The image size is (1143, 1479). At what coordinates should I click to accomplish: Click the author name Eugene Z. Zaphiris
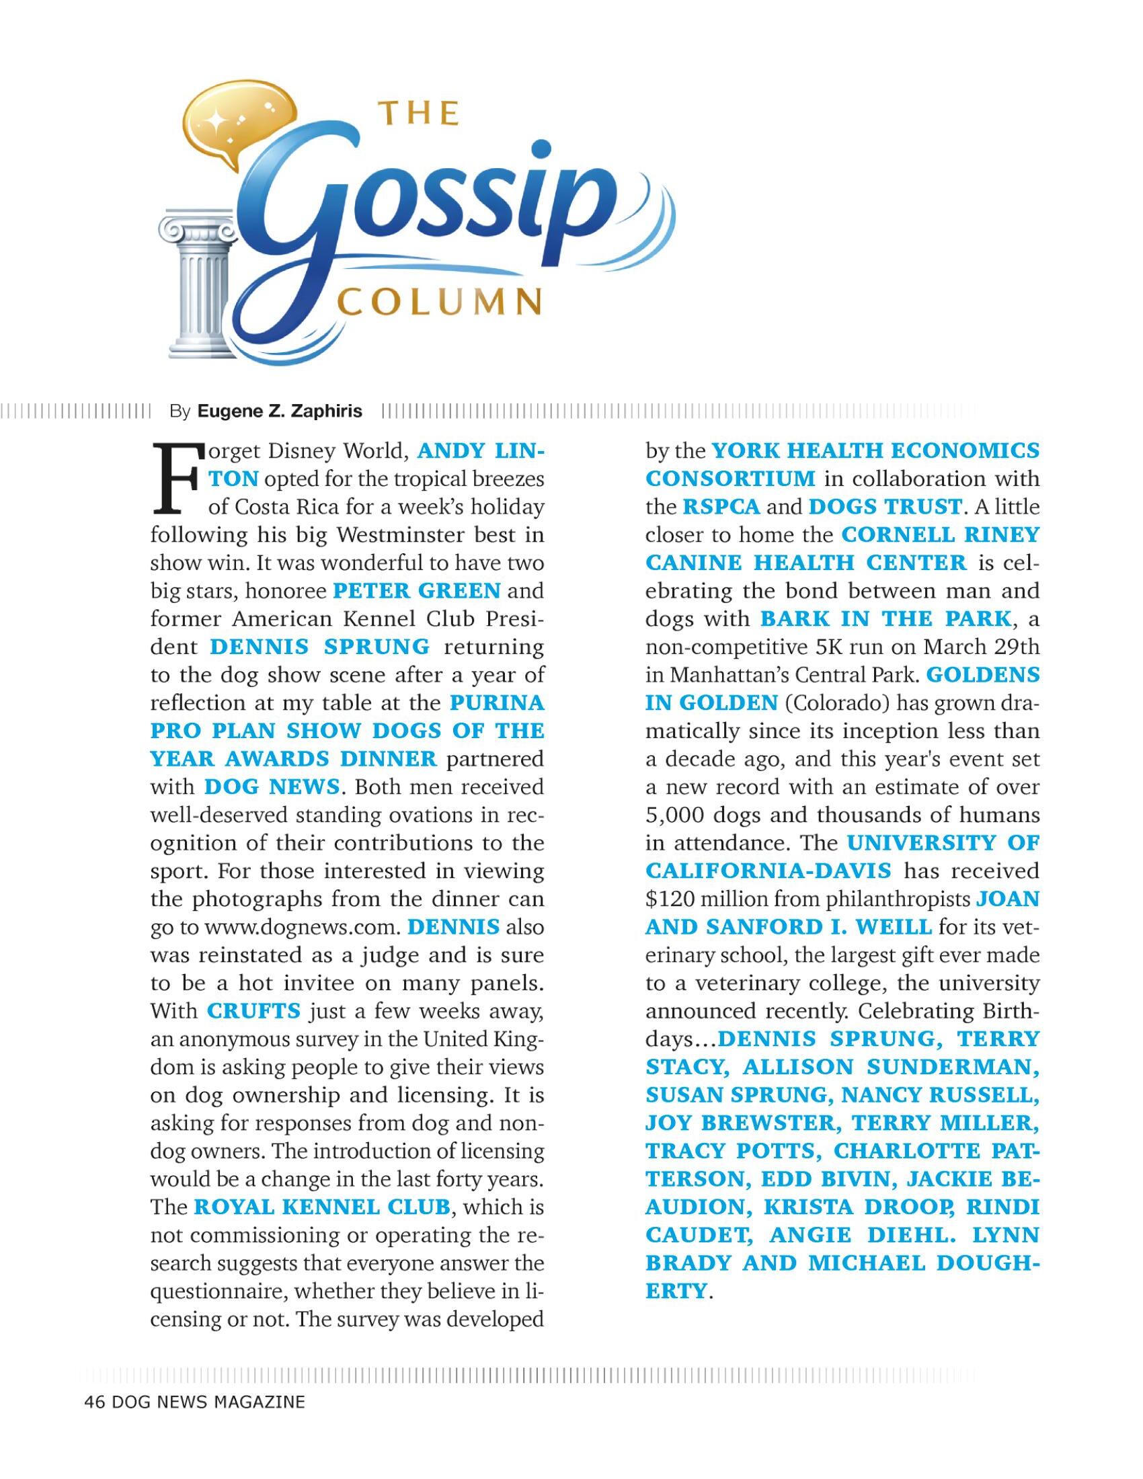pyautogui.click(x=280, y=411)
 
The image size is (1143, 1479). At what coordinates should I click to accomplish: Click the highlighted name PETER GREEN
pyautogui.click(x=416, y=591)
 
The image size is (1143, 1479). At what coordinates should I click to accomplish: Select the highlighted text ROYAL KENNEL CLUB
pyautogui.click(x=321, y=1207)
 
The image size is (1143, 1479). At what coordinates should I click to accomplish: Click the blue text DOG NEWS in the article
pyautogui.click(x=272, y=787)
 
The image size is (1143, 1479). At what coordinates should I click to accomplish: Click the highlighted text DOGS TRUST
pyautogui.click(x=885, y=506)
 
